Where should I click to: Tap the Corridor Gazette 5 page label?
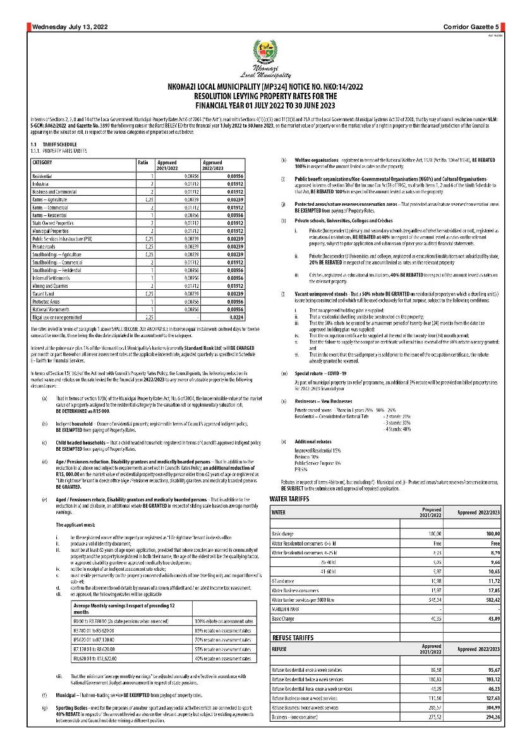pyautogui.click(x=470, y=27)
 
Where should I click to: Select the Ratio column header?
pyautogui.click(x=143, y=162)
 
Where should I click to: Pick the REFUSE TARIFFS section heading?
pyautogui.click(x=296, y=638)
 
